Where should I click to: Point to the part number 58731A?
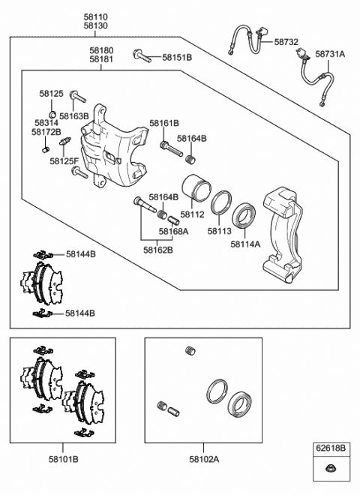tap(330, 54)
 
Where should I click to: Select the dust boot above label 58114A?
tap(244, 216)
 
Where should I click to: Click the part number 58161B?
tap(163, 122)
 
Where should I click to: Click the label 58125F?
tap(64, 160)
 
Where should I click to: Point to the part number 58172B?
tap(46, 132)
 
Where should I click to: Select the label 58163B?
tap(74, 116)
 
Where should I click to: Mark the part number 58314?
tap(46, 122)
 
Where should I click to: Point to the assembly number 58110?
tap(94, 16)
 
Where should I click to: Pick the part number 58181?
tap(101, 58)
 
